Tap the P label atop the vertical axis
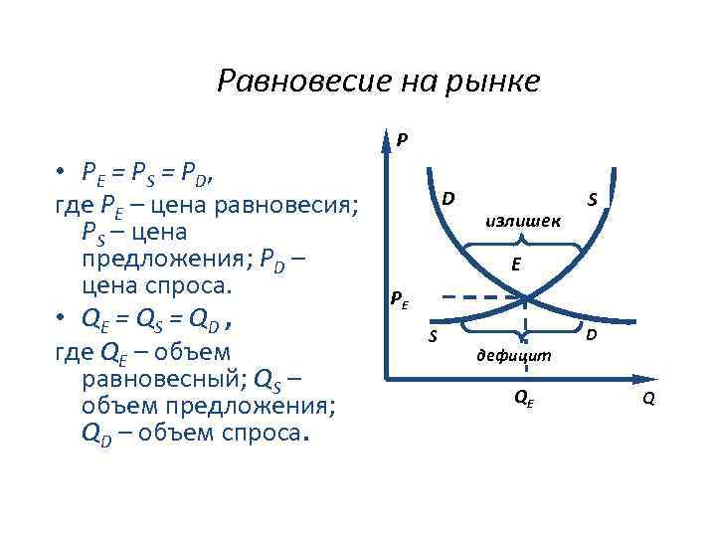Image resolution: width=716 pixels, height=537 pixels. [x=401, y=139]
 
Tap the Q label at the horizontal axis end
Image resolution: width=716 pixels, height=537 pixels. [x=648, y=400]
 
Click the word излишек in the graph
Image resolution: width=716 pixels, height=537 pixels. [x=523, y=220]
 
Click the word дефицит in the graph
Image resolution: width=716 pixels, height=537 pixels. [x=515, y=354]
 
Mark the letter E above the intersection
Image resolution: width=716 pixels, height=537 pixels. [x=516, y=264]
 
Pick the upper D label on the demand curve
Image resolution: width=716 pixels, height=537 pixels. [x=448, y=197]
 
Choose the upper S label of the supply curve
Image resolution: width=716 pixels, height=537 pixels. [x=592, y=200]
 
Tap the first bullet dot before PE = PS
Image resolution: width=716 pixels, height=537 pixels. [x=61, y=174]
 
